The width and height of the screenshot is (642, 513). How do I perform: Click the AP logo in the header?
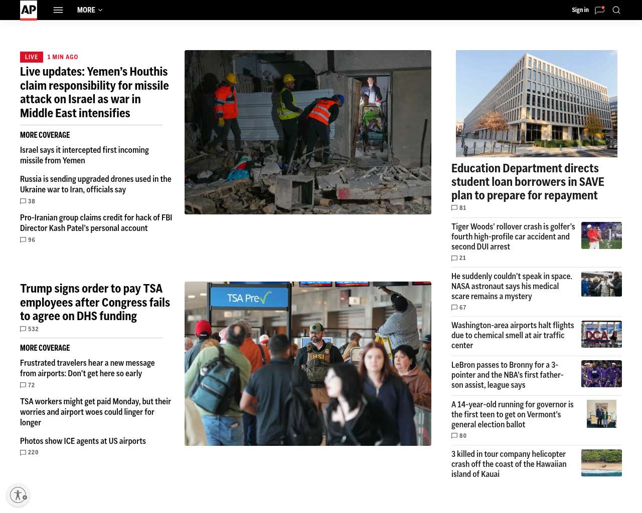(x=29, y=10)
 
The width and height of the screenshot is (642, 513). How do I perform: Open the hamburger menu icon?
(x=58, y=10)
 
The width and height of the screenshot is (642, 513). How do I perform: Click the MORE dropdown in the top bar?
(x=90, y=10)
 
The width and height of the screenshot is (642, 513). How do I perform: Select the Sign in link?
(x=580, y=10)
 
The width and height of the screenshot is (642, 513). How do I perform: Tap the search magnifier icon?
(x=616, y=10)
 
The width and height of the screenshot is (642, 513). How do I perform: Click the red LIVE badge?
(x=31, y=57)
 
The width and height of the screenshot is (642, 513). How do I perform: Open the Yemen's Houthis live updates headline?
(x=94, y=93)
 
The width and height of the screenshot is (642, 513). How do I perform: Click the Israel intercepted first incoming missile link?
(x=84, y=155)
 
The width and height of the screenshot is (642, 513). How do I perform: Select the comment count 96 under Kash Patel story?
(x=28, y=240)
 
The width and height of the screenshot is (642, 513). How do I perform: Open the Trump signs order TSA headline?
(x=95, y=302)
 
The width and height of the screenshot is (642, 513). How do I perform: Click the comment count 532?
(x=30, y=329)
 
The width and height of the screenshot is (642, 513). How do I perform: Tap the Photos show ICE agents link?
(x=83, y=441)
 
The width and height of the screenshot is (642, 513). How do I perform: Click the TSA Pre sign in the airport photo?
(x=249, y=298)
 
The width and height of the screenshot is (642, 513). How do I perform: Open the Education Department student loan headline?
(x=528, y=181)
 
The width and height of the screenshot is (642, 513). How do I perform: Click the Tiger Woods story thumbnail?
(x=601, y=235)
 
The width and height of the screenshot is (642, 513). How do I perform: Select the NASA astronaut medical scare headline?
(x=512, y=286)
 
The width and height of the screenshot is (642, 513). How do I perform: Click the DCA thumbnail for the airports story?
(x=601, y=334)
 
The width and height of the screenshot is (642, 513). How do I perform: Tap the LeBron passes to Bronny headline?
(x=507, y=375)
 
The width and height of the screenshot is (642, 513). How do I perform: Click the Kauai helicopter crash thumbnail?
(x=601, y=463)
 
